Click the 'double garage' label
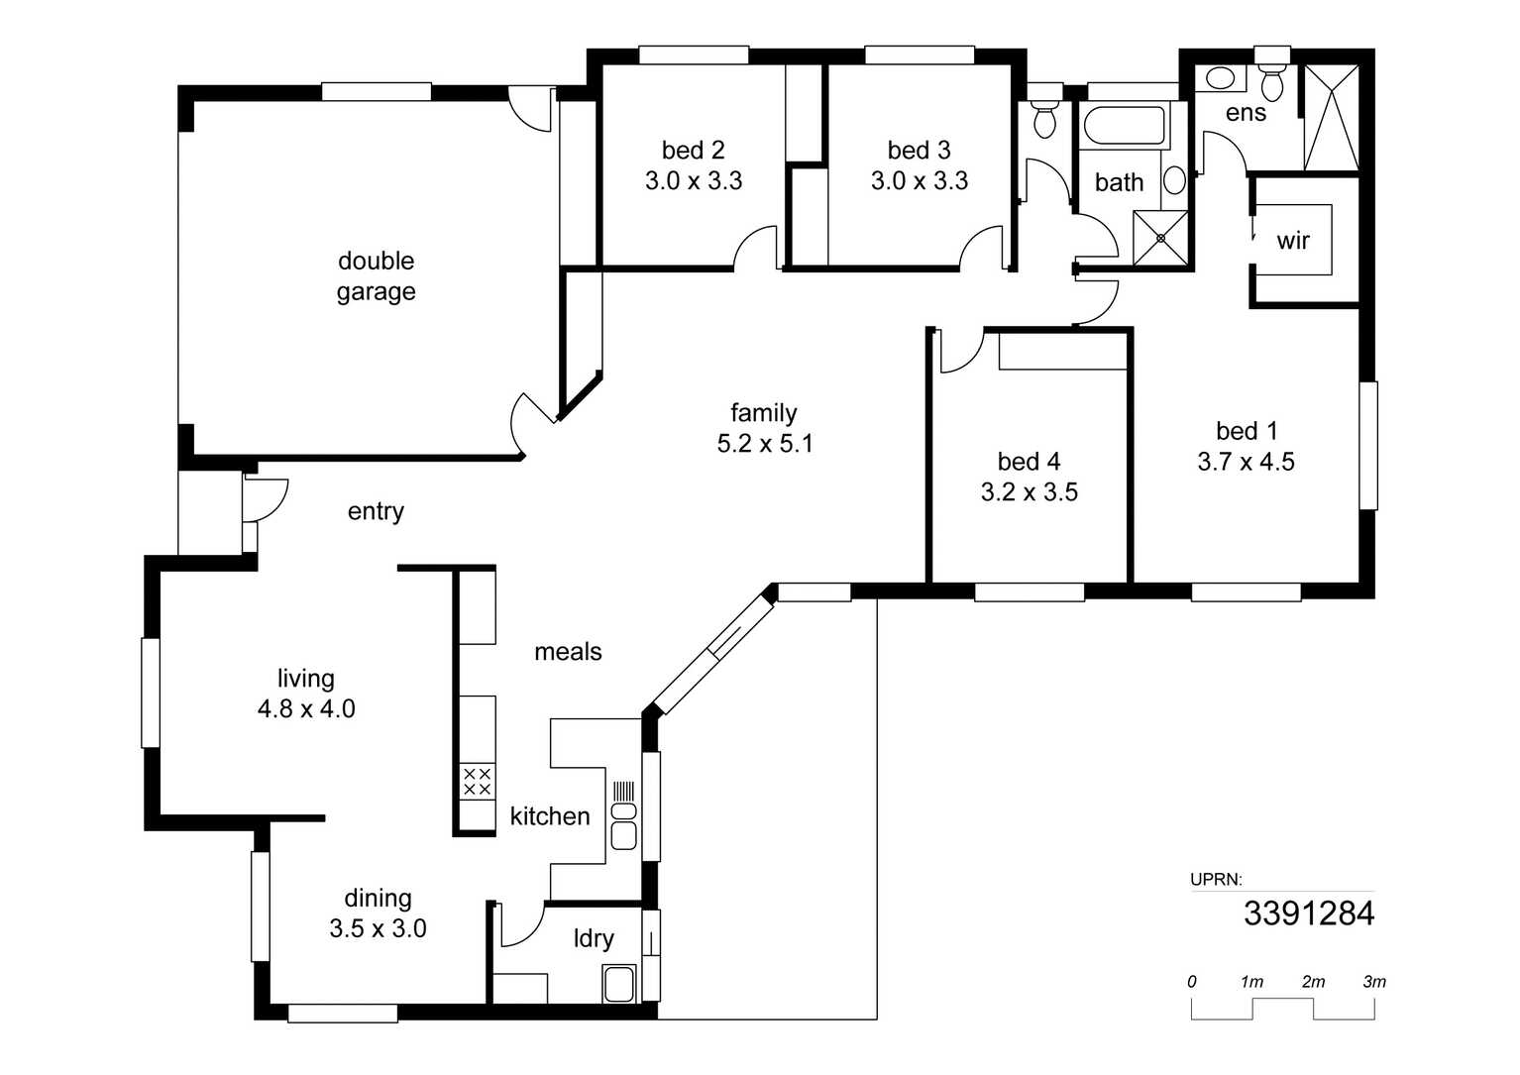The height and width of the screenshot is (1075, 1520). [x=376, y=276]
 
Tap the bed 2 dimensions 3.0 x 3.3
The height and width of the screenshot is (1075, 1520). [x=694, y=180]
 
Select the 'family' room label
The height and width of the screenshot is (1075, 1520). [x=763, y=412]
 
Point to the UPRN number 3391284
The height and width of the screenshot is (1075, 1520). [x=1309, y=914]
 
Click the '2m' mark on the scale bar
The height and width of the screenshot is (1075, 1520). [x=1313, y=981]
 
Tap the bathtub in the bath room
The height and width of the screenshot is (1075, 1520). [x=1125, y=126]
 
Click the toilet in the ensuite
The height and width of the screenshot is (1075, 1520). [x=1271, y=80]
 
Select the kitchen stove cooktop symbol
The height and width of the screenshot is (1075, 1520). [x=477, y=781]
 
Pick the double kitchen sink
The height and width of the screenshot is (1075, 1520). [x=623, y=826]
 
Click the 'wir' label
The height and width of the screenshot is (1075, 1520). [x=1293, y=240]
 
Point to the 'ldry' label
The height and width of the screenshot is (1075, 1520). [x=594, y=938]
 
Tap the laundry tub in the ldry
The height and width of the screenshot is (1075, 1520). [x=619, y=984]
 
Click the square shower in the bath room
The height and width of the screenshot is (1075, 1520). [x=1161, y=238]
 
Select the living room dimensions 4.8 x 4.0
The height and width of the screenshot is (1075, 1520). [x=306, y=708]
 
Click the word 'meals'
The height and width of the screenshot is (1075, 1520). [x=568, y=652]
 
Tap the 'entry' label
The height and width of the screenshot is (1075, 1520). [x=376, y=511]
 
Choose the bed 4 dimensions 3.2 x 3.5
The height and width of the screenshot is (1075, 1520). [x=1030, y=491]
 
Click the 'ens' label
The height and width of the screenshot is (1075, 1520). [x=1246, y=113]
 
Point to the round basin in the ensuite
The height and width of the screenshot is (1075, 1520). [x=1221, y=78]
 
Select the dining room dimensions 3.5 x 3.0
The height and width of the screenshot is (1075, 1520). [x=378, y=927]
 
